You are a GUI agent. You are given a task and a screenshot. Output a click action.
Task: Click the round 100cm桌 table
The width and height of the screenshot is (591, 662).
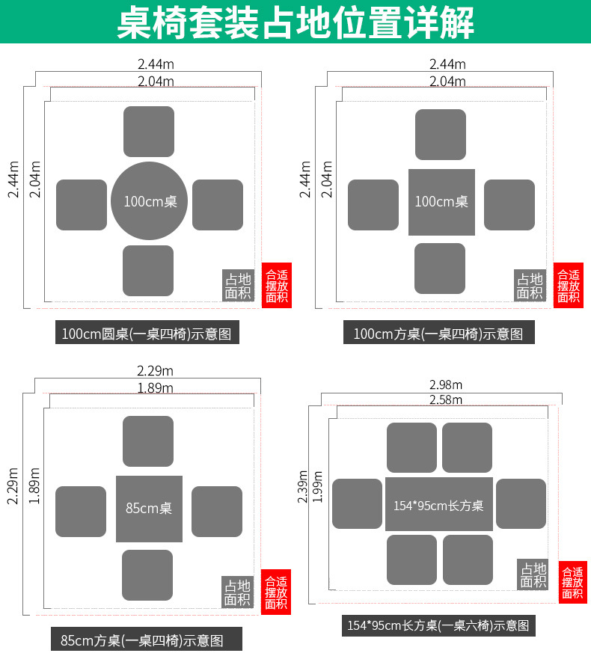tap(149, 200)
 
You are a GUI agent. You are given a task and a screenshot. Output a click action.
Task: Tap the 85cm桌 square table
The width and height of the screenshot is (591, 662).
tap(149, 509)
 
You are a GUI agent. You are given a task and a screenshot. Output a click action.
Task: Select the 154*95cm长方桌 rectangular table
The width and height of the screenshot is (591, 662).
tap(439, 505)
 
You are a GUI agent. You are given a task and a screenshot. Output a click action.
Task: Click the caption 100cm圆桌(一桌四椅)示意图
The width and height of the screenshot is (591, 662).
tap(147, 334)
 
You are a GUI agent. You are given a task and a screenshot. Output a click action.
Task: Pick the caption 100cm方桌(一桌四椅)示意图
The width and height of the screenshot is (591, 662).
tap(438, 334)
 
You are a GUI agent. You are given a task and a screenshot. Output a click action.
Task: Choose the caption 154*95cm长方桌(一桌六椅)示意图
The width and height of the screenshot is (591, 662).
tap(438, 625)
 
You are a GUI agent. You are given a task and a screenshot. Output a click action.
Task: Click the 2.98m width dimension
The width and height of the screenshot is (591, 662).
tap(446, 384)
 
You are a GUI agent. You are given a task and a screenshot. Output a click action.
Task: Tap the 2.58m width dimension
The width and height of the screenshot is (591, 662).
tap(446, 399)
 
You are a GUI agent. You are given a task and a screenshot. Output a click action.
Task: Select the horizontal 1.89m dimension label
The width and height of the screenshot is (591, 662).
tap(155, 387)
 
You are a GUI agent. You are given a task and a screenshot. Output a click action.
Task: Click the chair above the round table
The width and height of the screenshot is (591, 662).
tap(149, 132)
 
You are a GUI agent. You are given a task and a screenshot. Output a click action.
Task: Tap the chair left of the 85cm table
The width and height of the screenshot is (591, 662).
tap(81, 512)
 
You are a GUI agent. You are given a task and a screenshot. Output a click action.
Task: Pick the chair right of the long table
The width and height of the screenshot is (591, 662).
tap(521, 503)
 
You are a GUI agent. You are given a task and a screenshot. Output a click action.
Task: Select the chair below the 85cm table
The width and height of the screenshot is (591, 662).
tap(147, 575)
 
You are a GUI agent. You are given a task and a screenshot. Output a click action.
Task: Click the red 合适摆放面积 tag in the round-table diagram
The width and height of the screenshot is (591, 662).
tap(276, 286)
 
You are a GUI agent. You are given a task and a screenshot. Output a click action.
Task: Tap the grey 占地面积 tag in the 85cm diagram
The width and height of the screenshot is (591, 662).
tap(237, 592)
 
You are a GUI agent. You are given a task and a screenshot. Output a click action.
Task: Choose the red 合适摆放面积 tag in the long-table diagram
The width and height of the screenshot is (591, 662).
tap(572, 582)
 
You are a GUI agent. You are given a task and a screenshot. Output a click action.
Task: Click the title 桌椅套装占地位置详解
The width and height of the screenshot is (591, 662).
tap(295, 22)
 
